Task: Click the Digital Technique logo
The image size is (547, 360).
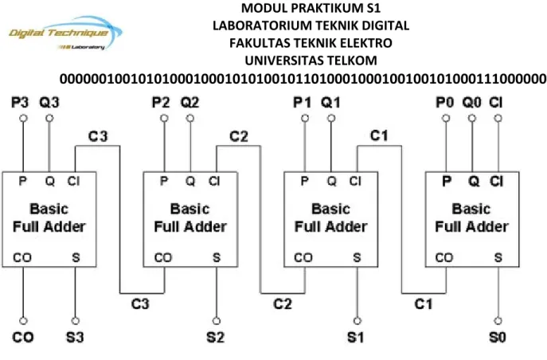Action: [65, 33]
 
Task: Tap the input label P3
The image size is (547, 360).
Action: [20, 103]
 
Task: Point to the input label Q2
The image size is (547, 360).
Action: [189, 103]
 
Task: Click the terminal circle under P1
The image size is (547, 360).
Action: [305, 118]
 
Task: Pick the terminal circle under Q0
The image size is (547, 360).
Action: [472, 118]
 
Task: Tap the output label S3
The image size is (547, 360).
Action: [75, 338]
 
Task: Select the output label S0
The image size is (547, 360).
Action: [498, 338]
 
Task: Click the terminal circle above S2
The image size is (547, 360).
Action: [217, 321]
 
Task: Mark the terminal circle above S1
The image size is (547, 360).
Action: [358, 321]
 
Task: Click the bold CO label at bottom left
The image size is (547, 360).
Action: [23, 338]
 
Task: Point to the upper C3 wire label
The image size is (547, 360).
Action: [98, 136]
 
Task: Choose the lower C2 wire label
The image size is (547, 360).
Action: [283, 304]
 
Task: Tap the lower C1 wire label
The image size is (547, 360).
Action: [424, 304]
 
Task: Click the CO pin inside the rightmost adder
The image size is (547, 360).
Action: [444, 258]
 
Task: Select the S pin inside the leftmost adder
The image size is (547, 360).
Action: [76, 258]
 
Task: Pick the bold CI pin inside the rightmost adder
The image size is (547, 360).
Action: [496, 181]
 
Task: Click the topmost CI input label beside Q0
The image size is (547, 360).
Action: [496, 103]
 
